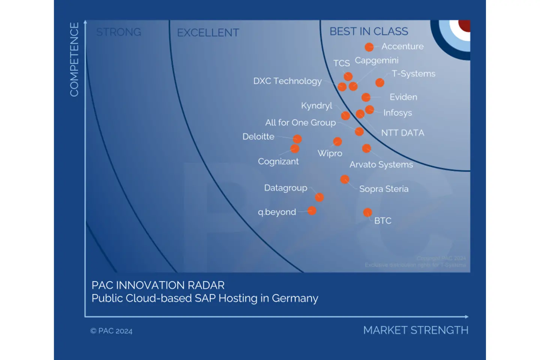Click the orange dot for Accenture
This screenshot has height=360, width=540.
pyautogui.click(x=369, y=47)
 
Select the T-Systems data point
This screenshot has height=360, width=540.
pyautogui.click(x=379, y=82)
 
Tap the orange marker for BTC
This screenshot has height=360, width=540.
pyautogui.click(x=367, y=213)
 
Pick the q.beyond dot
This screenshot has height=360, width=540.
pyautogui.click(x=312, y=211)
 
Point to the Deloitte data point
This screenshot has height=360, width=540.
pyautogui.click(x=297, y=139)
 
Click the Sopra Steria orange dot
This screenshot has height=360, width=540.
pyautogui.click(x=345, y=179)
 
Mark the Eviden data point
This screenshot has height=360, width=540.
pyautogui.click(x=366, y=97)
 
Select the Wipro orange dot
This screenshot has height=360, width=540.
pyautogui.click(x=337, y=141)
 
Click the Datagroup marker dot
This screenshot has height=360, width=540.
pyautogui.click(x=319, y=197)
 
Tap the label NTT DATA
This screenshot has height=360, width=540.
pyautogui.click(x=402, y=133)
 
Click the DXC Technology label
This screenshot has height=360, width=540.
pyautogui.click(x=287, y=81)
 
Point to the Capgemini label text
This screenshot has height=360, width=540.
pyautogui.click(x=376, y=60)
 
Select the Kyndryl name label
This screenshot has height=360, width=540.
pyautogui.click(x=316, y=106)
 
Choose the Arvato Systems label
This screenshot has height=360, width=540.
pyautogui.click(x=381, y=165)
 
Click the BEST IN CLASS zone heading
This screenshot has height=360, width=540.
pyautogui.click(x=369, y=31)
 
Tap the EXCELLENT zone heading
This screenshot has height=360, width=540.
pyautogui.click(x=208, y=33)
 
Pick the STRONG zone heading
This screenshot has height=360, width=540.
pyautogui.click(x=118, y=32)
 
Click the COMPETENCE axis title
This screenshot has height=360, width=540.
pyautogui.click(x=74, y=59)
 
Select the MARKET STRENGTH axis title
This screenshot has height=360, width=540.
pyautogui.click(x=415, y=330)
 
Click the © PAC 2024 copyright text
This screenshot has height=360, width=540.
pyautogui.click(x=111, y=331)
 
